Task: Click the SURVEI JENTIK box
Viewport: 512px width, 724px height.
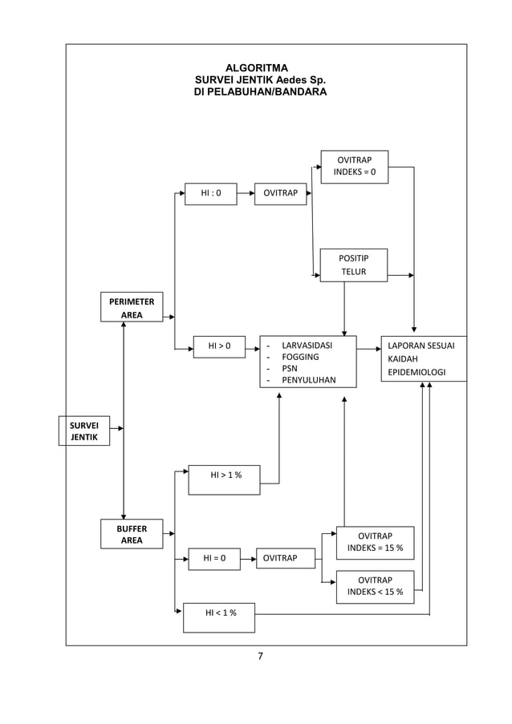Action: click(83, 431)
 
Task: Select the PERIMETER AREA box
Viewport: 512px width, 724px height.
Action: click(132, 307)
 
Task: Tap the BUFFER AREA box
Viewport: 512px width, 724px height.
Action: click(132, 534)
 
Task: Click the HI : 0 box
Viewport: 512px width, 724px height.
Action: click(210, 194)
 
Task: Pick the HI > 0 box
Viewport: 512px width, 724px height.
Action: click(219, 346)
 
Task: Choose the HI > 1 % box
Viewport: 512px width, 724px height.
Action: click(224, 479)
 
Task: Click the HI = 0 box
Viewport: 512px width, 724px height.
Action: click(214, 559)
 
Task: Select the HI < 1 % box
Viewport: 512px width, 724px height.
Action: click(219, 617)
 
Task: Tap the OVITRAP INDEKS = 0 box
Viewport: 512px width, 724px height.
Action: click(354, 167)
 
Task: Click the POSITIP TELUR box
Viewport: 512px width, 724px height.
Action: click(353, 265)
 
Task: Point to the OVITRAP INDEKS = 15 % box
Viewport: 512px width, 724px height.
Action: click(375, 543)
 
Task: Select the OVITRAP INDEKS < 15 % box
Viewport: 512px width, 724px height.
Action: click(375, 587)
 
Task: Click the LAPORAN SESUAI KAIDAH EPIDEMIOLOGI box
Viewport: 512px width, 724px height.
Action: click(423, 359)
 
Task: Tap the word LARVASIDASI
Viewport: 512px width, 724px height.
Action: click(307, 346)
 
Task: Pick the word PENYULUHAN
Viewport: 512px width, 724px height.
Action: click(308, 381)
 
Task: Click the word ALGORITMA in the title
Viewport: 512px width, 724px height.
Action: click(256, 68)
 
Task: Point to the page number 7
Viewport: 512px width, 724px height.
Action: click(260, 657)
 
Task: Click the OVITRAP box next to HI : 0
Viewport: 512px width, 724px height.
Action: click(280, 194)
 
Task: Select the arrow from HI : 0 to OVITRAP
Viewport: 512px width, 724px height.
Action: click(246, 194)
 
